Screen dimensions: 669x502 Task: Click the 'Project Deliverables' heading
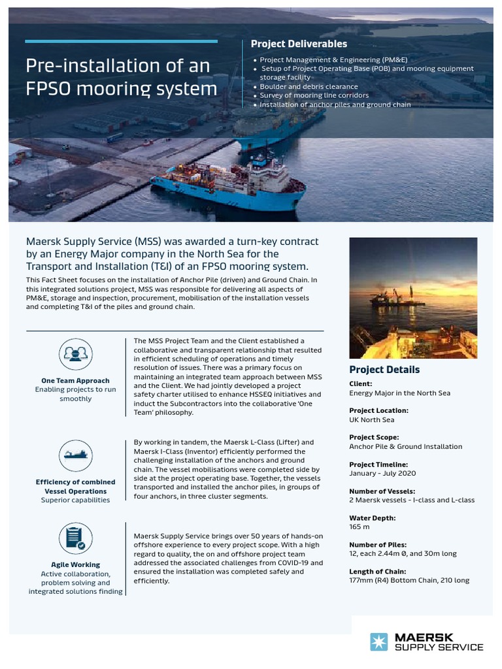[x=299, y=44]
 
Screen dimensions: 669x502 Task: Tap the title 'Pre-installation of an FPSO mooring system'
[x=121, y=76]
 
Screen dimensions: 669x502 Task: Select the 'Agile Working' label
[x=75, y=564]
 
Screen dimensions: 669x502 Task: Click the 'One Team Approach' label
[x=75, y=380]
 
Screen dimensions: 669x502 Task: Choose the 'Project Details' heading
[x=384, y=370]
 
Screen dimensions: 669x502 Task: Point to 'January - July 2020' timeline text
[x=383, y=474]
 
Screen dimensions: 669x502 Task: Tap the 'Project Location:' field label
[x=378, y=410]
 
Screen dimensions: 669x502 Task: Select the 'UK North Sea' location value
[x=372, y=420]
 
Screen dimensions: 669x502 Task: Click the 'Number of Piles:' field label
[x=378, y=544]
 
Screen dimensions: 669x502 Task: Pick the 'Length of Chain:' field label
[x=378, y=571]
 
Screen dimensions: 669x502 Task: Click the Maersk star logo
[x=379, y=642]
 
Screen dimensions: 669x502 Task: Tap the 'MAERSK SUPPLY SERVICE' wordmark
[x=439, y=642]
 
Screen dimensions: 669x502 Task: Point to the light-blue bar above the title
[x=121, y=41]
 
